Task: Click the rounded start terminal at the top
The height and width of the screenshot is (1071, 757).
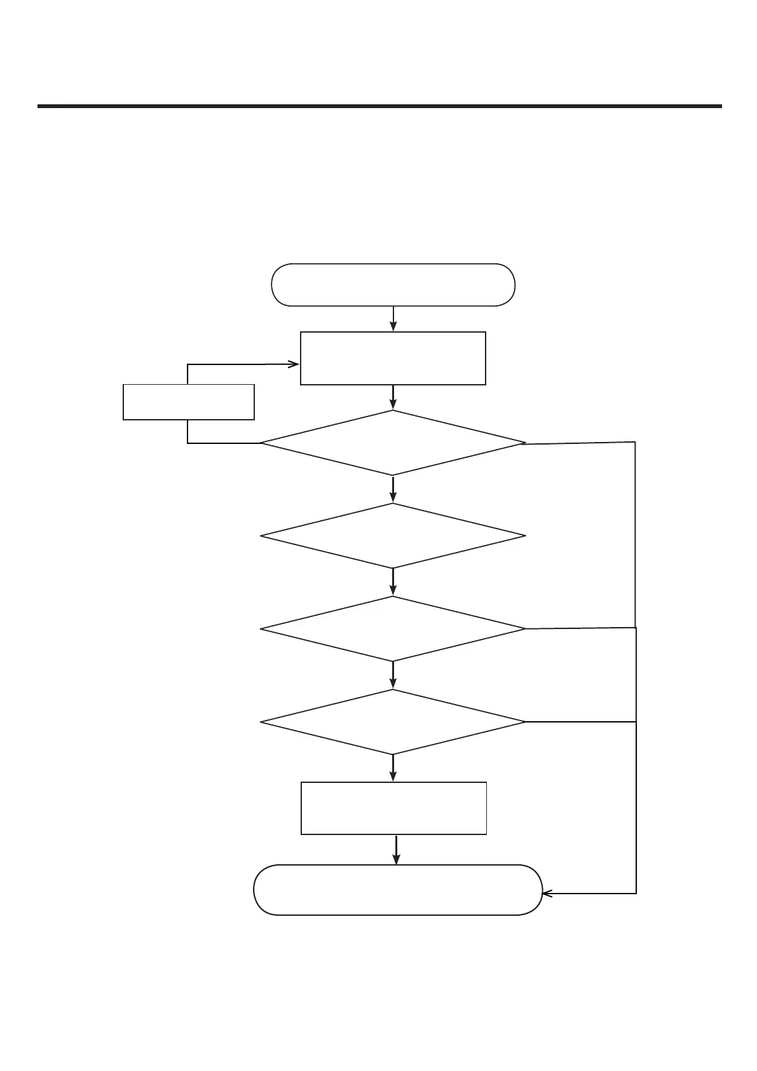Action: click(x=393, y=285)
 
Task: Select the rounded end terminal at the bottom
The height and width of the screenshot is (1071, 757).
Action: click(x=398, y=889)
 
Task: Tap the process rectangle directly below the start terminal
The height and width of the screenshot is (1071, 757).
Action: click(x=393, y=358)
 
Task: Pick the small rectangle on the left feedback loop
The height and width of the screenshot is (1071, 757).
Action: click(x=189, y=401)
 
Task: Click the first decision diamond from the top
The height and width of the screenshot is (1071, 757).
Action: click(x=393, y=443)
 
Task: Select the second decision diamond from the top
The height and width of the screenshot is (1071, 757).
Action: click(x=393, y=536)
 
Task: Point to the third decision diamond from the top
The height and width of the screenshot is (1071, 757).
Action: click(x=393, y=629)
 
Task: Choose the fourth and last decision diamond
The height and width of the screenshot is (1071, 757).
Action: click(x=393, y=722)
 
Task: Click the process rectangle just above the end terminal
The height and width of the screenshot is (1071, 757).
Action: click(x=393, y=808)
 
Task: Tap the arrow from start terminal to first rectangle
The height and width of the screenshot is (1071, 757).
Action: click(x=393, y=319)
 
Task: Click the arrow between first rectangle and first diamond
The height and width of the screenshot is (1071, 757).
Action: click(x=393, y=397)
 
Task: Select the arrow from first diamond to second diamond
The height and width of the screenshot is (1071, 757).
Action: click(x=393, y=489)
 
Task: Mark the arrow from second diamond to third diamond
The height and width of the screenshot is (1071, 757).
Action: click(x=393, y=582)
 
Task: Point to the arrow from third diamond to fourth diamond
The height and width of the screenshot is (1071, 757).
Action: click(x=393, y=675)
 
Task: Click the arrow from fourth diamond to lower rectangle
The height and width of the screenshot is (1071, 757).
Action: click(x=393, y=768)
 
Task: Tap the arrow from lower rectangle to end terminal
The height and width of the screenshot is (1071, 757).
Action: click(x=397, y=850)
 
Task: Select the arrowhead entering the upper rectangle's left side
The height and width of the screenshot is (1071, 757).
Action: click(x=294, y=364)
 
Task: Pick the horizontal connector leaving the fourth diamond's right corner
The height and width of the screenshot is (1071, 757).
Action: click(x=580, y=722)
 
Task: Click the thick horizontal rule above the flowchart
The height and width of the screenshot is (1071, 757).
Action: click(x=379, y=106)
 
